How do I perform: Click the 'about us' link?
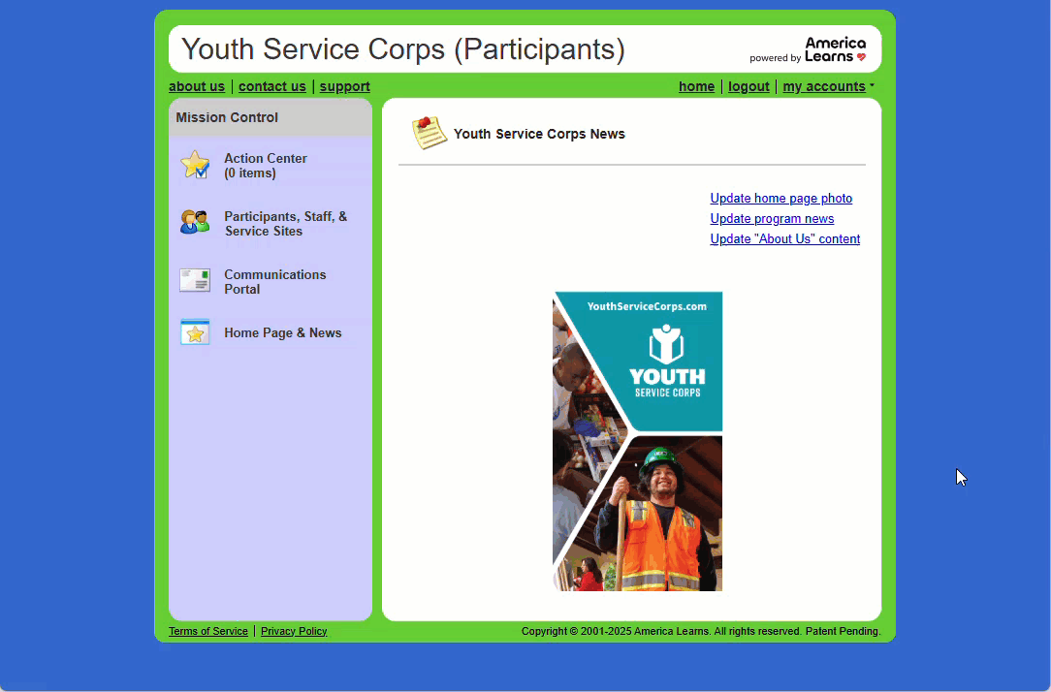point(197,86)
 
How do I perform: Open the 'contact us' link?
point(272,86)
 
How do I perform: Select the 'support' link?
point(344,86)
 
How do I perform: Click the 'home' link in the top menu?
point(696,86)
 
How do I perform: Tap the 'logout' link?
point(748,86)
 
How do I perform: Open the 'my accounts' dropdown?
point(828,86)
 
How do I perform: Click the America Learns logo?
point(809,50)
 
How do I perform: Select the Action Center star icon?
point(195,165)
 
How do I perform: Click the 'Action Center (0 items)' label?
point(266,166)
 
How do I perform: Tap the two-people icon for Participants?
point(195,222)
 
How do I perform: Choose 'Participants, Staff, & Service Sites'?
point(286,224)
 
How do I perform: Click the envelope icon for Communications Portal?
point(195,280)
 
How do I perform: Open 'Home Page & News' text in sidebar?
point(283,333)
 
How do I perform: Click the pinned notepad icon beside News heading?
point(429,133)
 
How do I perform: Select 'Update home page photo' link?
point(780,199)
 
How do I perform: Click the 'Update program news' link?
point(772,218)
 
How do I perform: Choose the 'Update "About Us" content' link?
point(785,239)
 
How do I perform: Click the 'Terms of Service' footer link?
point(208,631)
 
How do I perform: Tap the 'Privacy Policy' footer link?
point(294,631)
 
